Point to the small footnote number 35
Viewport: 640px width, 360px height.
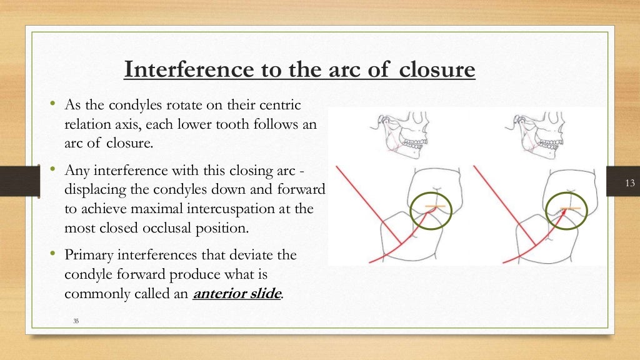point(76,321)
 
